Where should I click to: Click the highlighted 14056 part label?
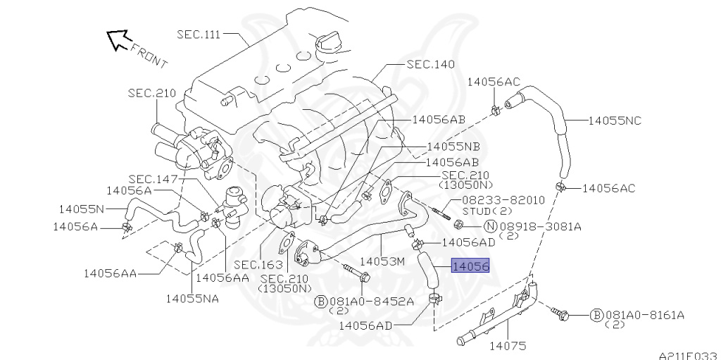click(470, 266)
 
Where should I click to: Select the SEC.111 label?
click(199, 35)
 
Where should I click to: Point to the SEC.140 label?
click(430, 64)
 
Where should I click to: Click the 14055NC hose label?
click(615, 120)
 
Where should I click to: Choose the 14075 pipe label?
click(508, 346)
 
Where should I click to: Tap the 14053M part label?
click(382, 261)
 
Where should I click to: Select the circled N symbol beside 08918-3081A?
click(491, 226)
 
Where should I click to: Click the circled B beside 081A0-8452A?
click(320, 302)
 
